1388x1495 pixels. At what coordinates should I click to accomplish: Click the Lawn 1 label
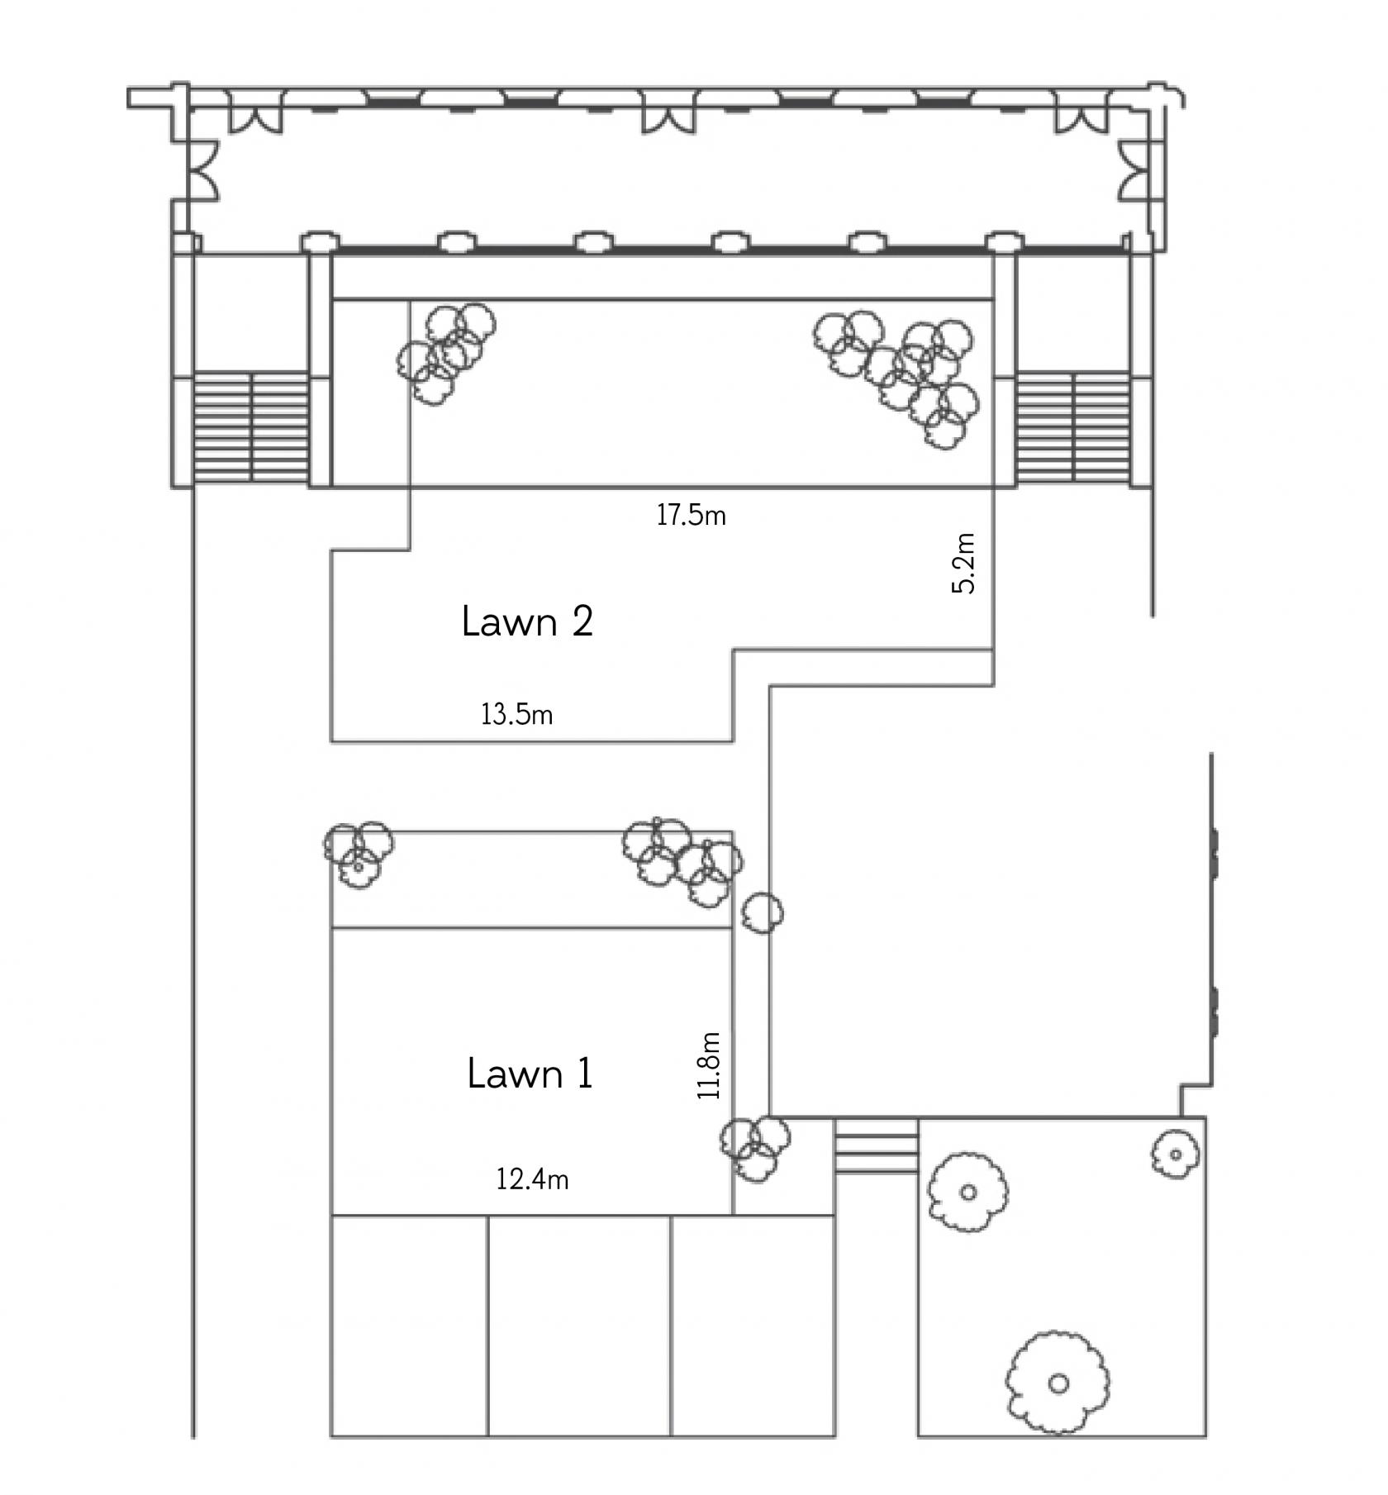530,1074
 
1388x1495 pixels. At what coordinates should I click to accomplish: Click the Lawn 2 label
527,621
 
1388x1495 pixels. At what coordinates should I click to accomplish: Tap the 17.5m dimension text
691,515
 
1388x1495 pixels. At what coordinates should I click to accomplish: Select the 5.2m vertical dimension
963,563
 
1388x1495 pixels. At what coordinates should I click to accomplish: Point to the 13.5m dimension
516,713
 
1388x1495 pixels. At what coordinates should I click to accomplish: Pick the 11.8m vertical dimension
709,1065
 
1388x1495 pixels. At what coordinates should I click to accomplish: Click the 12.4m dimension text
532,1178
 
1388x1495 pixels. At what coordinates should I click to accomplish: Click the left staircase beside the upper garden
251,428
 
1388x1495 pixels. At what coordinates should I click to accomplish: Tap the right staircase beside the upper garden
1072,428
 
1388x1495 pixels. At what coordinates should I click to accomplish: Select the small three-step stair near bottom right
877,1146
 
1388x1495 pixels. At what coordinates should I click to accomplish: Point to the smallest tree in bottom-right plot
1176,1154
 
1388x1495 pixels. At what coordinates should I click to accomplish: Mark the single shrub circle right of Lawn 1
762,912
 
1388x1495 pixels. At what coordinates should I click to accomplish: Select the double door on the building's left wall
205,171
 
